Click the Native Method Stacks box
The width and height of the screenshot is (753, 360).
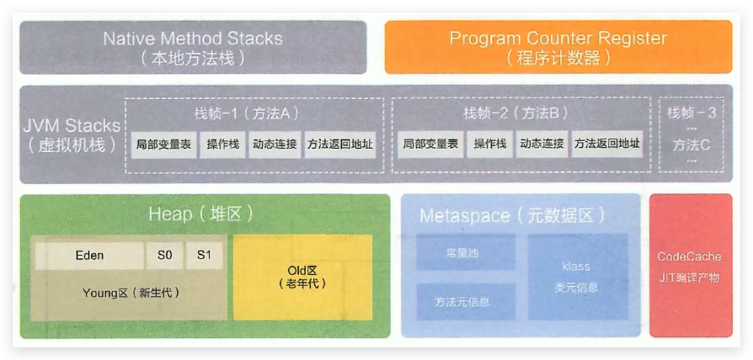coord(192,47)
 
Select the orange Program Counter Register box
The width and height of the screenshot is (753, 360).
coord(558,47)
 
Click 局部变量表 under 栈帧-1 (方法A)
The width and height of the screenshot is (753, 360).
coord(164,144)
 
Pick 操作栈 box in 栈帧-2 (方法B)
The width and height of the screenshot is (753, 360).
coord(490,144)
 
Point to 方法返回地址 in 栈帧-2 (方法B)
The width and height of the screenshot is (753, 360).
coord(607,144)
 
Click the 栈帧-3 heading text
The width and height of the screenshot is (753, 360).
coord(691,114)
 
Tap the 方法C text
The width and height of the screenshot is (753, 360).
coord(691,146)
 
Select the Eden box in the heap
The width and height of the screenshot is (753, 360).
coord(90,255)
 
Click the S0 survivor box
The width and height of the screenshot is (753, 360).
coord(165,255)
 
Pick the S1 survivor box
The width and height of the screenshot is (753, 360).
coord(204,255)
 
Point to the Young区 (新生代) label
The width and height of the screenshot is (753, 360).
coord(131,293)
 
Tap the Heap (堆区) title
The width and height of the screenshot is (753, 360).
coord(201,214)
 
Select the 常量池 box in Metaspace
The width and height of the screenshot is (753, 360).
coord(466,252)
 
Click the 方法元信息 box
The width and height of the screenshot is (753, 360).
coord(466,301)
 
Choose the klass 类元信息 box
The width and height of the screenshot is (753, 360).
coord(577,277)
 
